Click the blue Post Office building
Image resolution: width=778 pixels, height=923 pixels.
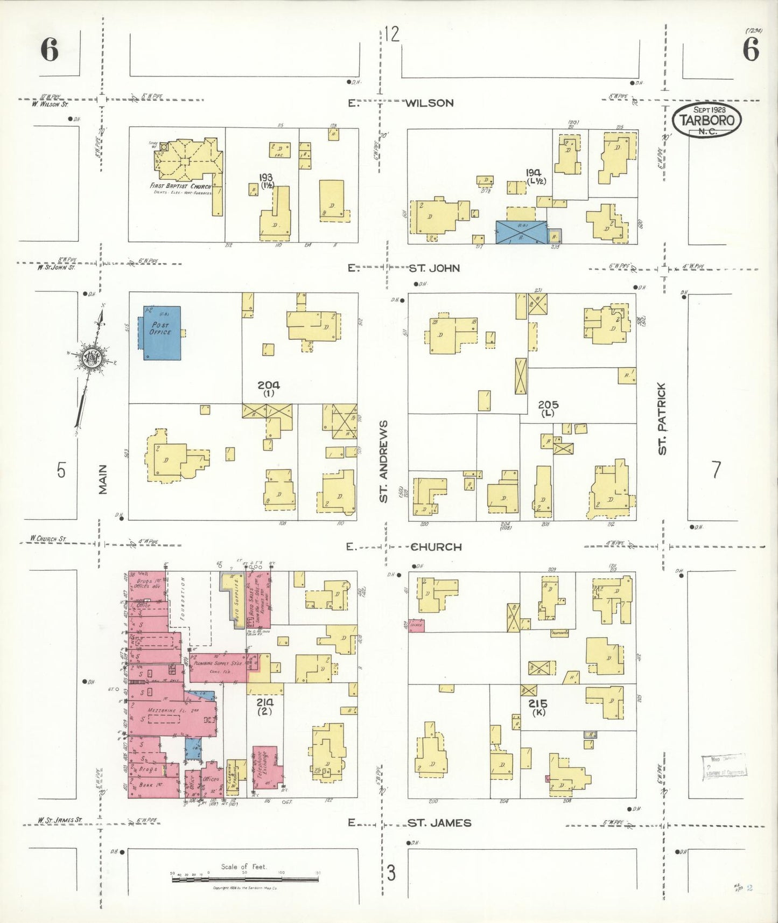point(162,333)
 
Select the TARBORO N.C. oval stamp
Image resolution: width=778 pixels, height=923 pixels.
point(706,120)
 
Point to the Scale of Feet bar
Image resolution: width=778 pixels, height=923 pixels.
point(246,878)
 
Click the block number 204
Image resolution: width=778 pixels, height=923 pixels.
point(268,385)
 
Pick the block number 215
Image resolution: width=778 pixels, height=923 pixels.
point(537,703)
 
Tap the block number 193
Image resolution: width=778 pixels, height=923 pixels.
point(266,177)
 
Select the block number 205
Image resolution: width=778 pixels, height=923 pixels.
point(548,404)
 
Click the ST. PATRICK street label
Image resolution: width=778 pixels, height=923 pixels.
point(662,418)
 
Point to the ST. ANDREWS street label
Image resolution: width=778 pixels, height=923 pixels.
point(383,461)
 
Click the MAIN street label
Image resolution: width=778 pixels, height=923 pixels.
point(103,479)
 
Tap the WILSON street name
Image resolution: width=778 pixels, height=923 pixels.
point(429,103)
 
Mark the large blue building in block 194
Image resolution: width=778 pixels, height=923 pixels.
point(521,232)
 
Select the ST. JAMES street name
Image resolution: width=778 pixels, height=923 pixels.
point(439,823)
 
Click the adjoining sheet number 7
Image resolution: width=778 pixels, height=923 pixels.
point(716,470)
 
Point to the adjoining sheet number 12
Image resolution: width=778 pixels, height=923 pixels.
point(392,34)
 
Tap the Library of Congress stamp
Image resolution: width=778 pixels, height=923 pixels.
point(724,767)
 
